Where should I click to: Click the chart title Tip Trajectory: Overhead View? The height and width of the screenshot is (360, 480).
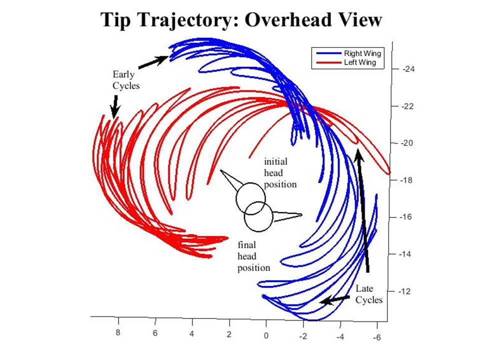tap(241, 20)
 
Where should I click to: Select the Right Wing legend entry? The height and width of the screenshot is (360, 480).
tap(348, 53)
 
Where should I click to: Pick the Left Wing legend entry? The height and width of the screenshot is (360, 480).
tap(346, 62)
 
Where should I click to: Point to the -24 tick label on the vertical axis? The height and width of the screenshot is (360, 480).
tap(408, 69)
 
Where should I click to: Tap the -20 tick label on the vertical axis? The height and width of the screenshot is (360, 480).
tap(407, 143)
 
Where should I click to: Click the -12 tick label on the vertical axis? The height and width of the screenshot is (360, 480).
tap(404, 291)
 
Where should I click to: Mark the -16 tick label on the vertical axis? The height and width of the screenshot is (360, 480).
tap(406, 217)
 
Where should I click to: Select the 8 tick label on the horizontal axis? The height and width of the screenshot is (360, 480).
tap(118, 332)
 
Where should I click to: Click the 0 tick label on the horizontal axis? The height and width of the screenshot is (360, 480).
tap(266, 335)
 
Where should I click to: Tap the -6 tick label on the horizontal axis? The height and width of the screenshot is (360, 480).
tap(377, 337)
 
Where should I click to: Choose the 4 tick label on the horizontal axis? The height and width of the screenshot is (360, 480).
tap(192, 333)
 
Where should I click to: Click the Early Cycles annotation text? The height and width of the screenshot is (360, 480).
tap(126, 80)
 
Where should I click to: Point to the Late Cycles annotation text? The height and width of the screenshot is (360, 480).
tap(369, 294)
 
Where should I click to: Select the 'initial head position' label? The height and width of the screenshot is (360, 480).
tap(280, 173)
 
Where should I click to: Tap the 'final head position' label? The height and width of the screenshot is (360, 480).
tap(254, 256)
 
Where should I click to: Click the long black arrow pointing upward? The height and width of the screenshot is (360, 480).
tap(363, 210)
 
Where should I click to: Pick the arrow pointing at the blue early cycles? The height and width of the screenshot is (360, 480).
tap(153, 62)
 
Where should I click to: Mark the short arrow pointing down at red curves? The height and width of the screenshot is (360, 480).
tap(115, 106)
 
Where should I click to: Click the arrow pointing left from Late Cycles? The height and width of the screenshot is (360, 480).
tap(334, 299)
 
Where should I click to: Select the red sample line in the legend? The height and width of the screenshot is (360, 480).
tap(328, 63)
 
